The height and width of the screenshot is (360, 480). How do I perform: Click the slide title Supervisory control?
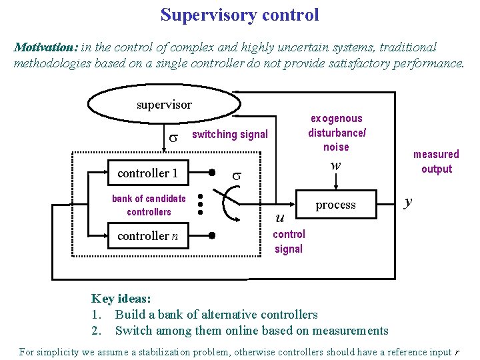point(239,15)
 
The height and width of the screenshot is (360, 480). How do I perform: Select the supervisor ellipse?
point(164,105)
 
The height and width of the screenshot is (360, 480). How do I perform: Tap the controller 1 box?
point(147,173)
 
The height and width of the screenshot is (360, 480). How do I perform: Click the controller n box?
point(147,236)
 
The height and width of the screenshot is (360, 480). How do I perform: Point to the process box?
point(335,205)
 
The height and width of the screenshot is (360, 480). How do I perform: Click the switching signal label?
point(229,135)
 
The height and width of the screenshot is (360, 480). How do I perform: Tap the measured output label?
point(436,161)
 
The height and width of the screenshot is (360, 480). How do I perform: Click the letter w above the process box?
point(336,165)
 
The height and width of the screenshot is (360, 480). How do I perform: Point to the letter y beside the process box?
point(409,201)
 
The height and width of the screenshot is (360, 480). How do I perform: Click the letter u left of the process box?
point(280,217)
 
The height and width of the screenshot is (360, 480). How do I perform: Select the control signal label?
point(289,241)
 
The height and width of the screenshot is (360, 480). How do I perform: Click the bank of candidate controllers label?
point(149,205)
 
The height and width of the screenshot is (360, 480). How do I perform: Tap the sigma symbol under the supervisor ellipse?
point(173,137)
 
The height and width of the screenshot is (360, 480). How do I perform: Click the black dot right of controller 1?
point(211,173)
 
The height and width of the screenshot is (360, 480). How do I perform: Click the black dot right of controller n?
point(211,236)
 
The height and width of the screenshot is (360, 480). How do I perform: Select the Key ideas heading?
point(121,299)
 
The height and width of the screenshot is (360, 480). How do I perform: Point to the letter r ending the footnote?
point(457,352)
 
